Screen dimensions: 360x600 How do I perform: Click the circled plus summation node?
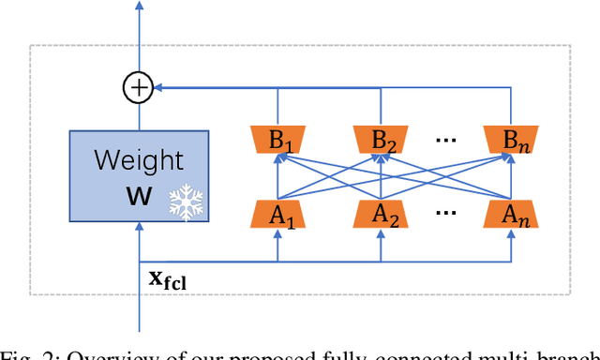point(139,88)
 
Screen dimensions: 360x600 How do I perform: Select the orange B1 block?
point(277,142)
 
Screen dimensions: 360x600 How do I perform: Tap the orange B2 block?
point(381,142)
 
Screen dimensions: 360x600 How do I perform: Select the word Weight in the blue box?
point(139,159)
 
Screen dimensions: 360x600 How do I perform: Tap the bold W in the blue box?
point(138,197)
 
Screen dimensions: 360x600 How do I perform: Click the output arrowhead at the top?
point(139,7)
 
